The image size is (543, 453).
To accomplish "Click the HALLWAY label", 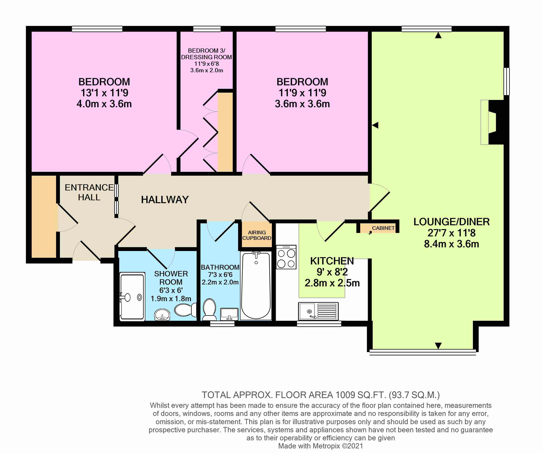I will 165,199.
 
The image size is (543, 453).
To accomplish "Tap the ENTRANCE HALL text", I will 89,192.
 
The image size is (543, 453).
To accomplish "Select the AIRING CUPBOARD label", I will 257,235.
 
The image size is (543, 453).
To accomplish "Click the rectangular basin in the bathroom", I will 229,314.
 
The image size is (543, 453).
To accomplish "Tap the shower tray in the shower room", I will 132,297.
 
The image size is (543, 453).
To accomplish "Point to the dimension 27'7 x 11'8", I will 451,233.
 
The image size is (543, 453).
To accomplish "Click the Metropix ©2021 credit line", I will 320,446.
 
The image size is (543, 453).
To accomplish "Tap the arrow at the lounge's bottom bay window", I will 438,345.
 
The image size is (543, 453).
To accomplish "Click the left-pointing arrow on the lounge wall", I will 375,125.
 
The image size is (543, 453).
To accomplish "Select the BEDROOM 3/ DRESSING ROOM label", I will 206,54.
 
